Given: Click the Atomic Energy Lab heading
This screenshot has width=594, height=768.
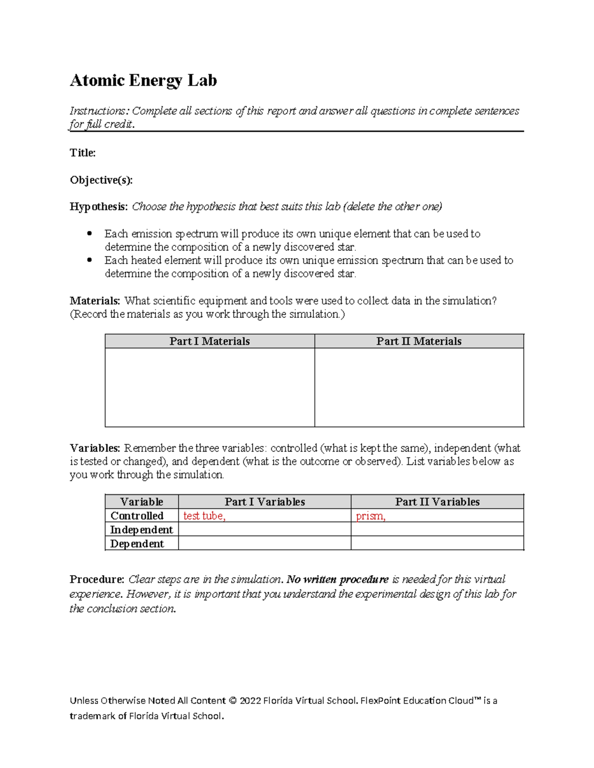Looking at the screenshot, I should click(x=143, y=80).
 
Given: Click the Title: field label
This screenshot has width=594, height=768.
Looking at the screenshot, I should click(x=83, y=153).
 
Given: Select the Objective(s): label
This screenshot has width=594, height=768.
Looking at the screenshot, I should click(x=101, y=180).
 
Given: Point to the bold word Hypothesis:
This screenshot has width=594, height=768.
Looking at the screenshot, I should click(x=99, y=207).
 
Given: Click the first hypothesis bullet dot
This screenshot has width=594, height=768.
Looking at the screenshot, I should click(x=90, y=233).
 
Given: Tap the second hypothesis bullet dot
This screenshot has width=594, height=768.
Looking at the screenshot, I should click(x=90, y=260).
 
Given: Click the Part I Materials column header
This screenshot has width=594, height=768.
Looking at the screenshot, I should click(x=209, y=341).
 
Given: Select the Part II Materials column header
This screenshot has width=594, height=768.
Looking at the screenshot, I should click(x=419, y=341).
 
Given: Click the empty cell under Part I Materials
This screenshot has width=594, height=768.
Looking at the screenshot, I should click(x=209, y=387).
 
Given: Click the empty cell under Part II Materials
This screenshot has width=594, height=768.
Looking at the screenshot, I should click(x=419, y=387).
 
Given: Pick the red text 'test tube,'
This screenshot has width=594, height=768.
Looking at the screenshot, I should click(x=204, y=516).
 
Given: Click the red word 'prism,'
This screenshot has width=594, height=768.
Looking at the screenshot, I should click(x=370, y=516).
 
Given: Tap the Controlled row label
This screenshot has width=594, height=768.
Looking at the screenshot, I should click(x=137, y=516).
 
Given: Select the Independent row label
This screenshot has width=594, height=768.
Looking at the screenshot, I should click(x=142, y=530).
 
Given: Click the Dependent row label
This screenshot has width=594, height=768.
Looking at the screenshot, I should click(x=137, y=543).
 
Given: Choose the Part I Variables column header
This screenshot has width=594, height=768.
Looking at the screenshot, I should click(x=265, y=502).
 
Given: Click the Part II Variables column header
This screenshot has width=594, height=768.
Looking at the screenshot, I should click(x=437, y=502).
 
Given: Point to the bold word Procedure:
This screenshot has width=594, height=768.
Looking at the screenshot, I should click(x=97, y=579).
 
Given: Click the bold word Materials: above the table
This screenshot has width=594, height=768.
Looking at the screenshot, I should click(x=95, y=301).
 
